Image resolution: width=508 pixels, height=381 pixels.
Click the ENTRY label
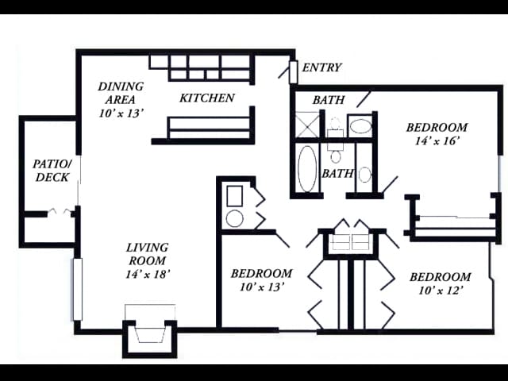point(321,67)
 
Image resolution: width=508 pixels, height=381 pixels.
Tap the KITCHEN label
point(207,98)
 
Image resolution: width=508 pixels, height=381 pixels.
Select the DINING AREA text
point(121,93)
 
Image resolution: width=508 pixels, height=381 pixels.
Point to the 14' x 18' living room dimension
point(148,275)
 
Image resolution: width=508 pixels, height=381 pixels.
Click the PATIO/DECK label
point(52,171)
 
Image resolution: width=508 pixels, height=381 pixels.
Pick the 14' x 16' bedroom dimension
point(437,141)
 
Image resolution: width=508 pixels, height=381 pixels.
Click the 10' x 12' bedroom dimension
point(440,291)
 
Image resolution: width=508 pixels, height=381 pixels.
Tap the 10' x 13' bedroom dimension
point(262,287)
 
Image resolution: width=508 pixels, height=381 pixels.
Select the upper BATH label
point(329,100)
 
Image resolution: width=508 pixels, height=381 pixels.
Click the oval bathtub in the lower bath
point(307,168)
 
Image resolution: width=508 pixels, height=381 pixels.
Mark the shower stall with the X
point(307,125)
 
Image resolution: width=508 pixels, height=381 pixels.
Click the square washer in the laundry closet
point(235,196)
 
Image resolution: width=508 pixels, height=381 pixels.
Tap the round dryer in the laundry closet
point(235,218)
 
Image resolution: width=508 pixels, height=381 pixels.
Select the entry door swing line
point(284,72)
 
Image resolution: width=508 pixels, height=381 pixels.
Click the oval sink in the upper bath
point(361,126)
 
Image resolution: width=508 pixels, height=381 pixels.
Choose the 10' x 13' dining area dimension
point(121,114)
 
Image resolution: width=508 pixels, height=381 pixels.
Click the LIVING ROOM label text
point(148,254)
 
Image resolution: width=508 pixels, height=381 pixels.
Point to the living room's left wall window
point(77,289)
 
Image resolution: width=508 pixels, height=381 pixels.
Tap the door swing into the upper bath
point(364,99)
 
